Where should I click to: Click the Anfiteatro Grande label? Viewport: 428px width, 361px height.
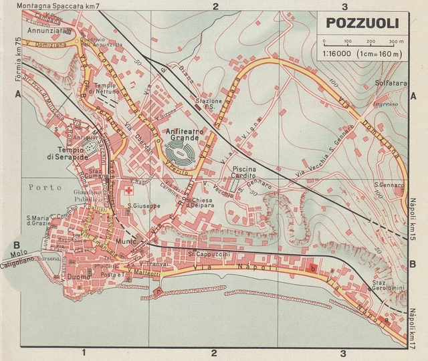pyautogui.click(x=183, y=136)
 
